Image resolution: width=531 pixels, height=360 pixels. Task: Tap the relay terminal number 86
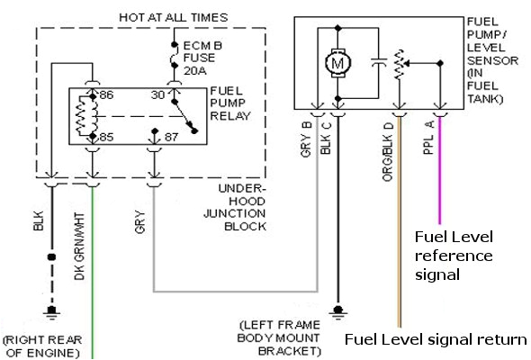tap(104, 94)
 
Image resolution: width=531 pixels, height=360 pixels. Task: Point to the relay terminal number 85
tap(104, 138)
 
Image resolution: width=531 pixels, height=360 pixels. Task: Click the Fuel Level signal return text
tap(436, 339)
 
